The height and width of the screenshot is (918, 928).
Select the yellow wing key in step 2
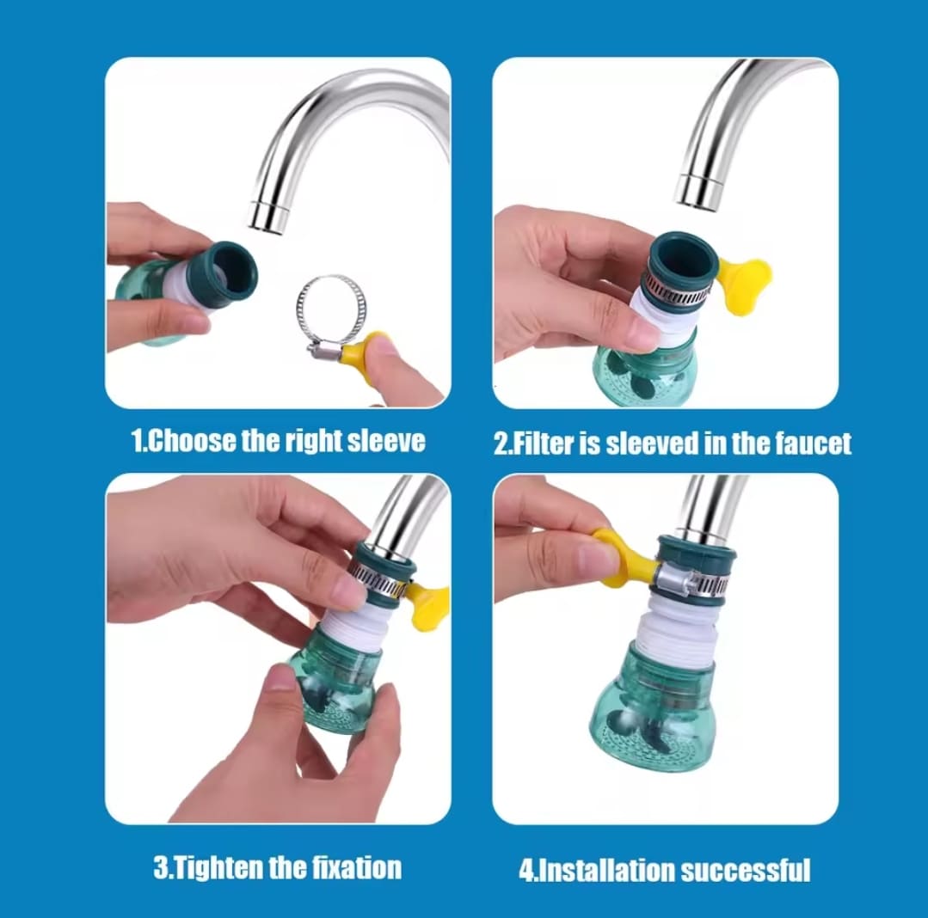743,284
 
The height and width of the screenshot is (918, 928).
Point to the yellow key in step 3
428,606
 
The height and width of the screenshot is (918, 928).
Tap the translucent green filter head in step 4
654,710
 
